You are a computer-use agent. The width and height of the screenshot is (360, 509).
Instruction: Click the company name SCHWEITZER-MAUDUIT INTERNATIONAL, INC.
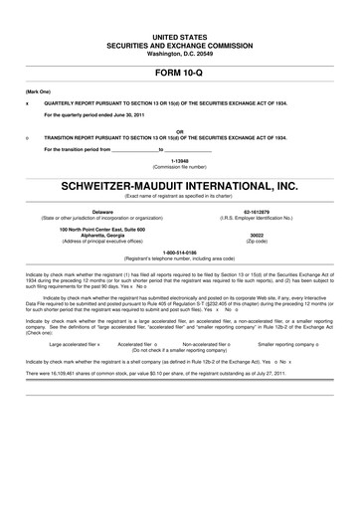(x=179, y=185)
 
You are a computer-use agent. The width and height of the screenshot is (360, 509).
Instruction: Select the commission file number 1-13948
(x=179, y=160)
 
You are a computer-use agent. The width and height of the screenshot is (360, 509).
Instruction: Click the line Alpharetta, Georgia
(x=103, y=235)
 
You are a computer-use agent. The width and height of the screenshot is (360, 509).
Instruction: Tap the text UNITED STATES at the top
(x=179, y=8)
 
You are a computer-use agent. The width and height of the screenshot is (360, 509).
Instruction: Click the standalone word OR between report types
(x=179, y=129)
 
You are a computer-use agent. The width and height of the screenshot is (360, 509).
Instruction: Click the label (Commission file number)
(x=179, y=166)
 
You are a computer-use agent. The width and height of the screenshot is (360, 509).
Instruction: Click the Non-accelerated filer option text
(x=210, y=344)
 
